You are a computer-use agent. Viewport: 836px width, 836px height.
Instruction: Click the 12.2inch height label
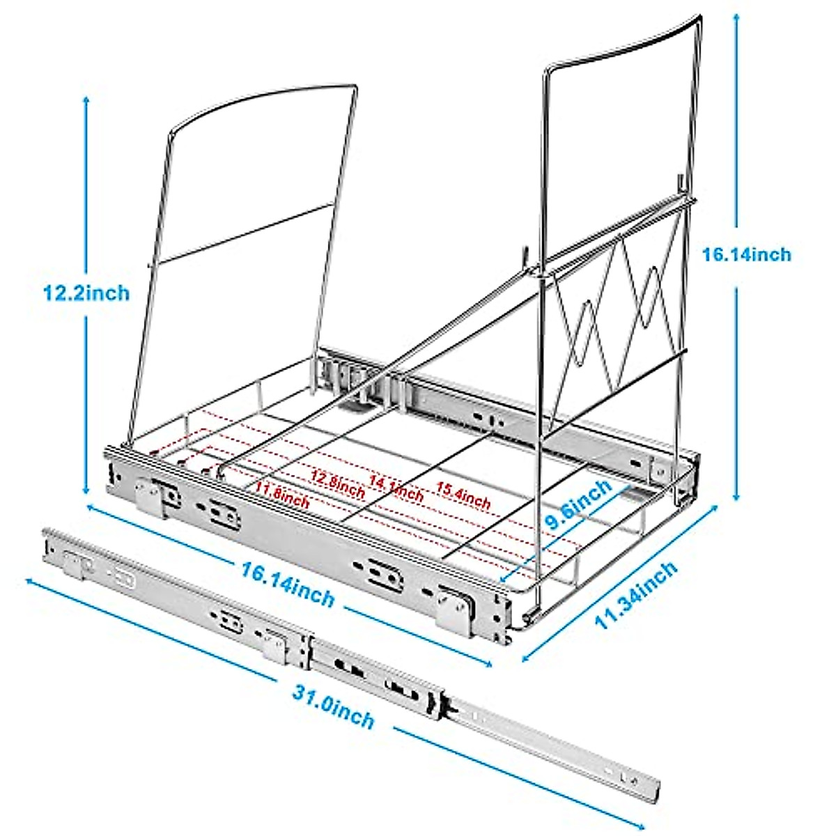[86, 293]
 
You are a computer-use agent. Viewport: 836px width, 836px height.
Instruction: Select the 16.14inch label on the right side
[746, 254]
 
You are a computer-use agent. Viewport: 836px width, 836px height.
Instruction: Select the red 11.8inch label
[281, 497]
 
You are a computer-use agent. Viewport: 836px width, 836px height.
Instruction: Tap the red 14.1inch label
[396, 488]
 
